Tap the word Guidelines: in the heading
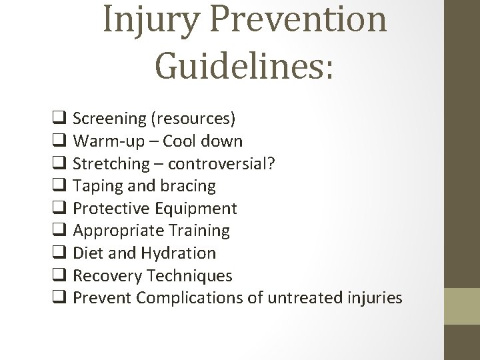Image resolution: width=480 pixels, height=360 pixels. pyautogui.click(x=244, y=67)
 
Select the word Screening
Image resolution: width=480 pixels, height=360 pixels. pyautogui.click(x=109, y=119)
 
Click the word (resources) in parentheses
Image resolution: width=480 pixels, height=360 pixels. pyautogui.click(x=193, y=119)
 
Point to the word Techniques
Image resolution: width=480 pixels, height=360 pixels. pyautogui.click(x=189, y=275)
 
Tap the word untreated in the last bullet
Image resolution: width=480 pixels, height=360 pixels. pyautogui.click(x=306, y=298)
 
